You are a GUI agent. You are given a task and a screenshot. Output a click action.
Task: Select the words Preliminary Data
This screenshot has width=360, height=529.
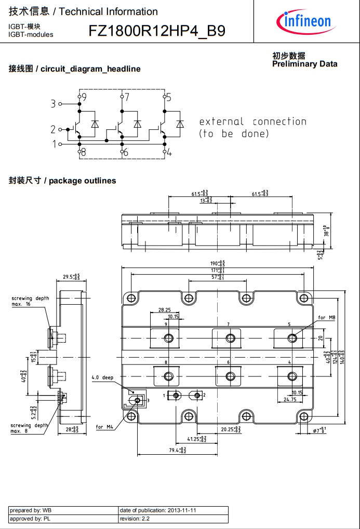[x=304, y=64]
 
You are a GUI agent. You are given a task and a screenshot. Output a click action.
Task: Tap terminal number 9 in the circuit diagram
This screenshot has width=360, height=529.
[x=84, y=97]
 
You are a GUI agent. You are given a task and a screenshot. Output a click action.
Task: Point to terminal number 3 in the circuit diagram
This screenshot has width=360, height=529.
[x=53, y=104]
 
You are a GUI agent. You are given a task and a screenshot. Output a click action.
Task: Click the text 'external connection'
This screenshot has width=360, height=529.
[x=252, y=122]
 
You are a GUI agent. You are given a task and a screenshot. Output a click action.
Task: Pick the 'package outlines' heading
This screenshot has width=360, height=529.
[x=82, y=181]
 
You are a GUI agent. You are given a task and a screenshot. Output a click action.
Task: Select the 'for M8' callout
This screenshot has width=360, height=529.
[x=326, y=317]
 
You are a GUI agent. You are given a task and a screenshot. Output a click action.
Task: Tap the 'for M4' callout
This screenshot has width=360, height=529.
[x=104, y=427]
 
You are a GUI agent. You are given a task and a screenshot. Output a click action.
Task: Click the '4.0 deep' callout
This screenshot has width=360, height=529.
[x=102, y=377]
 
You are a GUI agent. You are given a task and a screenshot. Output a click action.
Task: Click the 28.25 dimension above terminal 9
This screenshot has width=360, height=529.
[x=165, y=309]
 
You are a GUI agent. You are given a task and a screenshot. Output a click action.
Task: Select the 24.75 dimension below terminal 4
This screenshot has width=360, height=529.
[x=290, y=400]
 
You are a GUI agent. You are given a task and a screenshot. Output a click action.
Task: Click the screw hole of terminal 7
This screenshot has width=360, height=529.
[x=230, y=338]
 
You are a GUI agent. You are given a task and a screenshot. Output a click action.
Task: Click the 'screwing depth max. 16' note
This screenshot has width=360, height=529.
[x=30, y=301]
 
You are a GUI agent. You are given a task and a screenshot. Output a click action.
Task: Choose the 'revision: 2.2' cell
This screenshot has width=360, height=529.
[x=173, y=519]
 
